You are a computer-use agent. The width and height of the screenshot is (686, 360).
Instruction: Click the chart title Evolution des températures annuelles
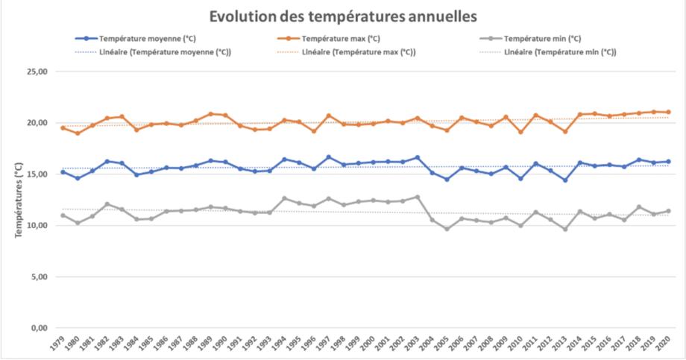point(342,16)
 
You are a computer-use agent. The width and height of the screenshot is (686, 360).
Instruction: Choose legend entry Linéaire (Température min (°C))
point(560,52)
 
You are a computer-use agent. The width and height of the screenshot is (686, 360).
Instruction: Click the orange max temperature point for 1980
point(78,133)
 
